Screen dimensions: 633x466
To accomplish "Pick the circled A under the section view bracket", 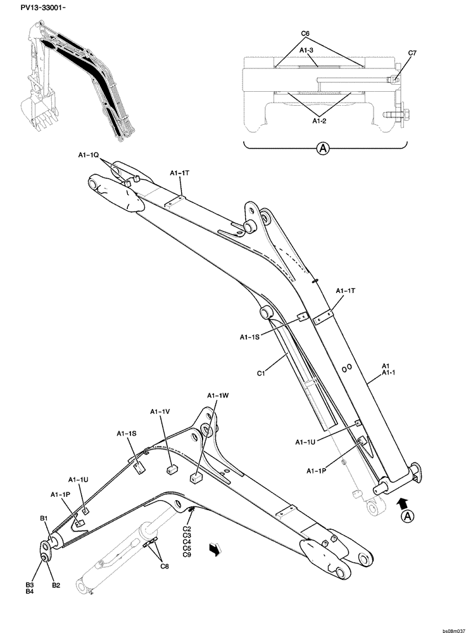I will [x=323, y=149].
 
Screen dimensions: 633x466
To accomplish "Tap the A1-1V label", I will [x=160, y=411].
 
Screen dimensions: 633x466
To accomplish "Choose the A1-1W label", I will [x=217, y=396].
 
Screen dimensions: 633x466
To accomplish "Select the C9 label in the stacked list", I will [x=187, y=555].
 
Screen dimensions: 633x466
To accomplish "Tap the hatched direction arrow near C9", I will [x=216, y=552].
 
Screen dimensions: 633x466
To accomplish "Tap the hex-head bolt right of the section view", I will [x=391, y=115].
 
